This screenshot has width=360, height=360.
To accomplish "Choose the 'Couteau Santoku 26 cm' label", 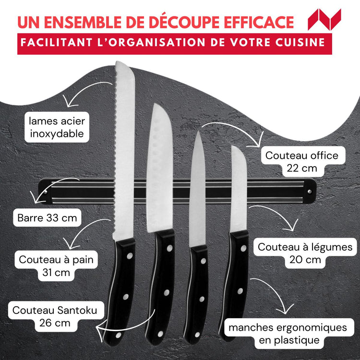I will point(55,316).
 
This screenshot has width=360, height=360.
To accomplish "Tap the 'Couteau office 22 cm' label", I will point(301,162).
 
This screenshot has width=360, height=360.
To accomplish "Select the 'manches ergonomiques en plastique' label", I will point(288,334).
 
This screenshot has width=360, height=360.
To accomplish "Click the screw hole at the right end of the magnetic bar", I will point(309,191).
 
